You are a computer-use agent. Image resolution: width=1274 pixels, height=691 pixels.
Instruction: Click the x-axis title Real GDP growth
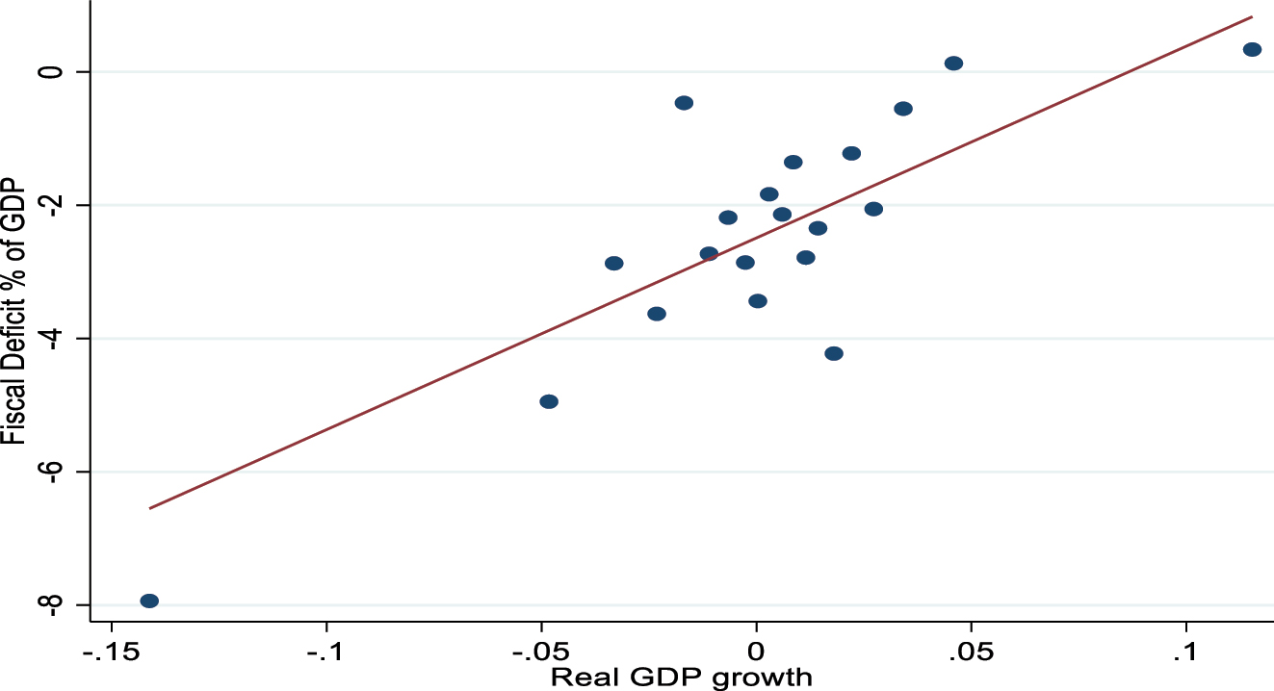point(681,677)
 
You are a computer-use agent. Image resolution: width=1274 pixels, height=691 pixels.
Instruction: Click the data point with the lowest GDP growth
point(149,601)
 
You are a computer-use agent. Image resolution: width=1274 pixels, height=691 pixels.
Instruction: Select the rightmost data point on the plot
point(1252,49)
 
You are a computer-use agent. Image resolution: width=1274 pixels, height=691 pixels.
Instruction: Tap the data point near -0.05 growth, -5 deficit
point(549,401)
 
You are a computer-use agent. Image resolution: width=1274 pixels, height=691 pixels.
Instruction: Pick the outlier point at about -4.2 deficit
point(834,353)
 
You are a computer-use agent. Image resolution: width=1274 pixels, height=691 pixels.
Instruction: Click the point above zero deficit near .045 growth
point(953,64)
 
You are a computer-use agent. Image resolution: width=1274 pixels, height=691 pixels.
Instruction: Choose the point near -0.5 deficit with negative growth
point(684,103)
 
